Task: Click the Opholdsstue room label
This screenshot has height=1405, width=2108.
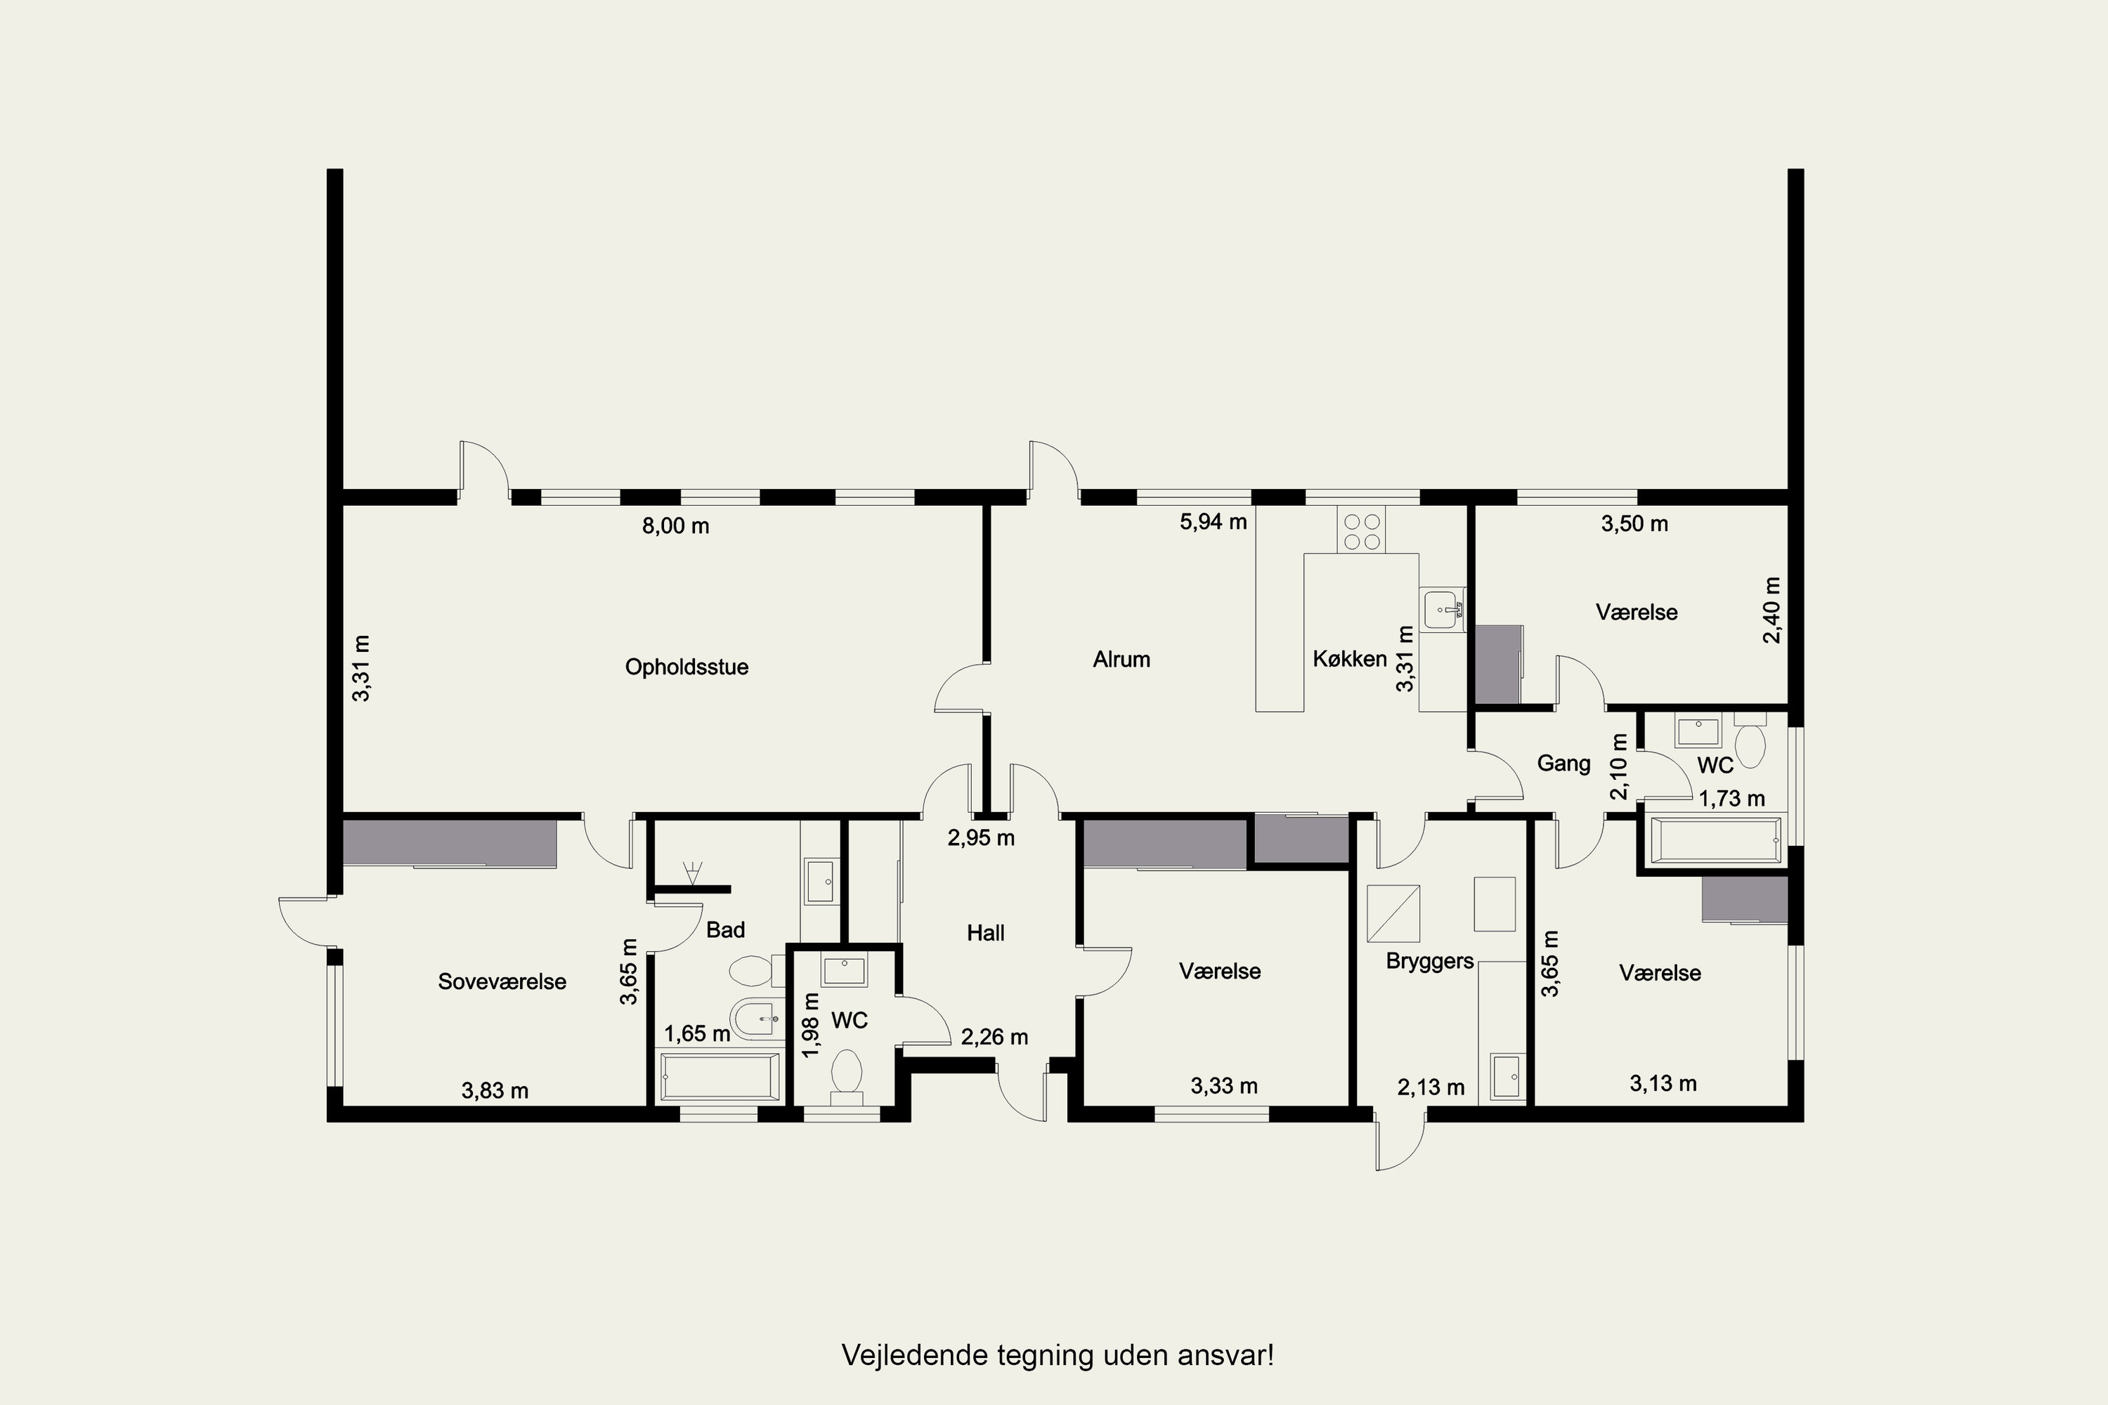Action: (687, 667)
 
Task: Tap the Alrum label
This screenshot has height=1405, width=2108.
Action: (1121, 660)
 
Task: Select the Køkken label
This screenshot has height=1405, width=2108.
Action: (1350, 659)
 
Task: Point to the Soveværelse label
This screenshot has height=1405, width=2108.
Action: (502, 981)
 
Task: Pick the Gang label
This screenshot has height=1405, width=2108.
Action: (1564, 764)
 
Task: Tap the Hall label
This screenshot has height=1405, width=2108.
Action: (985, 933)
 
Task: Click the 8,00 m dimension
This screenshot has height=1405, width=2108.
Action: (676, 526)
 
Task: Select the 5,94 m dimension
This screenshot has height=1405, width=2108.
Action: (1214, 521)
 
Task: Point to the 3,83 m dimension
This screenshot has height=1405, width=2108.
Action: (495, 1090)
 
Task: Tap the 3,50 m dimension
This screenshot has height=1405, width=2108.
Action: (1635, 523)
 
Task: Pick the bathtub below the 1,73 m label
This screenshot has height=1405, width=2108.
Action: (1715, 839)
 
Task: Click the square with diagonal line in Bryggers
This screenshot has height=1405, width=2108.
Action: (1393, 913)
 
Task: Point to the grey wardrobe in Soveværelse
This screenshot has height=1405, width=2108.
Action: (449, 842)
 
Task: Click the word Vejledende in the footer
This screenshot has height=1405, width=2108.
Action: (914, 1355)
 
